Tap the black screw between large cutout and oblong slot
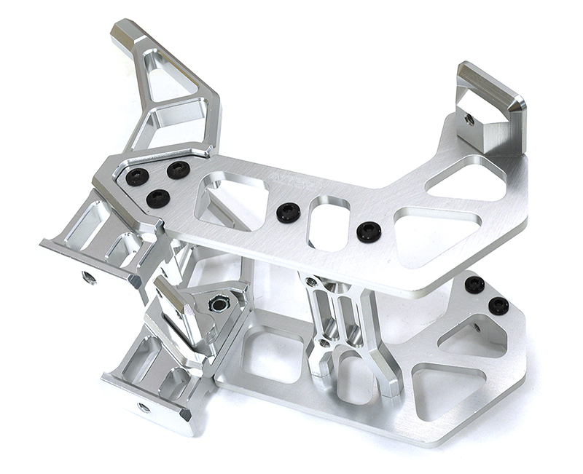[x=289, y=213]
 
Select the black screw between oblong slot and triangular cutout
[x=369, y=232]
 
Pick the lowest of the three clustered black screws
[x=157, y=198]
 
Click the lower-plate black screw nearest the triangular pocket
[x=498, y=306]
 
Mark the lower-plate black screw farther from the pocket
[x=474, y=284]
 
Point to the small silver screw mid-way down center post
[x=324, y=342]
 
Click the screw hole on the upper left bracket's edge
[x=89, y=277]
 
